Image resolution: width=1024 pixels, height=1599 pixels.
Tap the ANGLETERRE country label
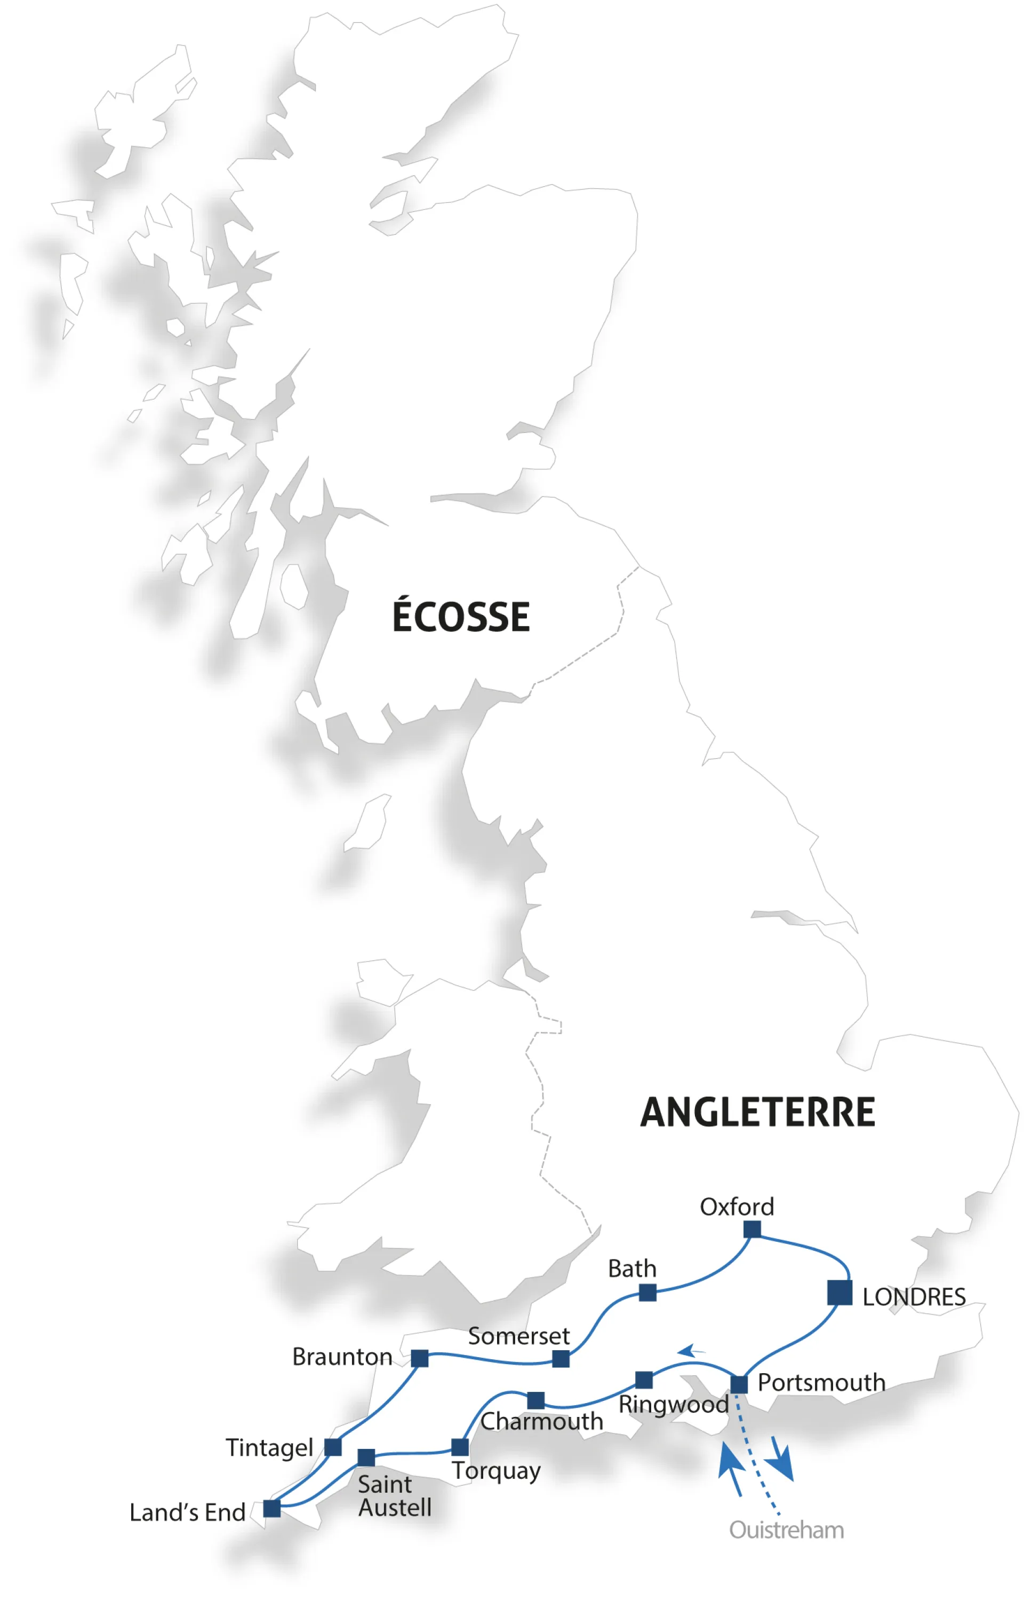[x=757, y=1112]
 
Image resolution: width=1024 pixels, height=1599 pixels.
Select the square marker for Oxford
[x=752, y=1229]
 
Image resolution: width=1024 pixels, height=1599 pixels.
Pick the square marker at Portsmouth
[x=739, y=1384]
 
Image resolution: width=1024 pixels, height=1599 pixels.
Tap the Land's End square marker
[x=272, y=1508]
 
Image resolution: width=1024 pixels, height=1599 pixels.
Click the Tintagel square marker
[x=333, y=1447]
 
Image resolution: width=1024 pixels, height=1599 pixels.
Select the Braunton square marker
[x=420, y=1358]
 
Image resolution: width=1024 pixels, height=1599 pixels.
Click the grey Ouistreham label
[x=787, y=1530]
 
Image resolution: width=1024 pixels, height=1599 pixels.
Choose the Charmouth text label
[x=541, y=1421]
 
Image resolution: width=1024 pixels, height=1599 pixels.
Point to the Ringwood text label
[x=674, y=1405]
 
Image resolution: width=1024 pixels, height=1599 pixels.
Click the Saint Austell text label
[x=394, y=1496]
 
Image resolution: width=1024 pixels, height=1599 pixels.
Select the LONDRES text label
[x=914, y=1297]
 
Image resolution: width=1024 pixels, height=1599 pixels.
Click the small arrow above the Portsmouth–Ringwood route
[x=692, y=1351]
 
